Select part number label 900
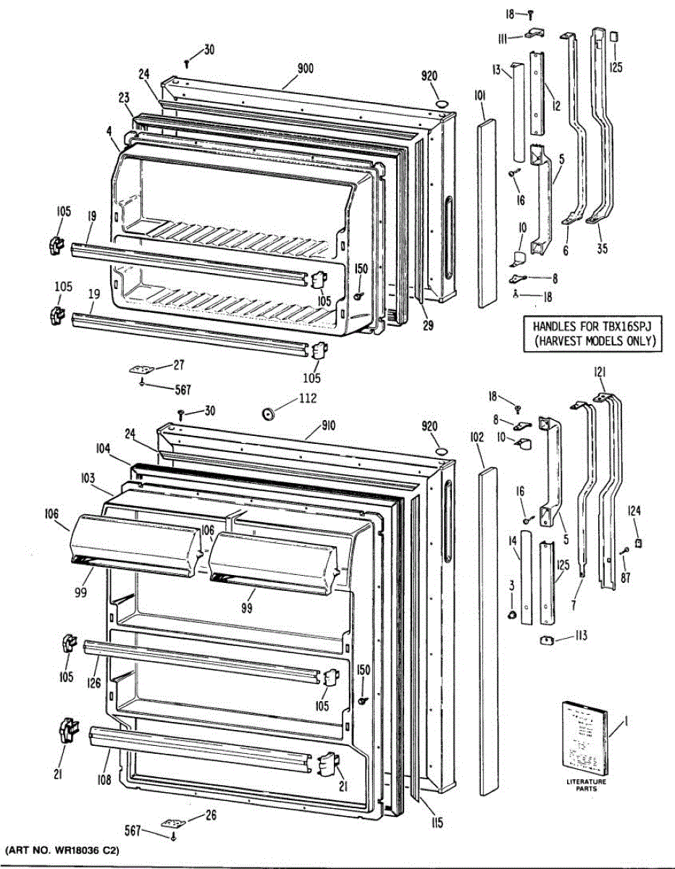305,69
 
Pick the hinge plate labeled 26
172,823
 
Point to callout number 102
476,437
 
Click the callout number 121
600,372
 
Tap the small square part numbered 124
637,542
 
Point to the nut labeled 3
511,616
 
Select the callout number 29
428,326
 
